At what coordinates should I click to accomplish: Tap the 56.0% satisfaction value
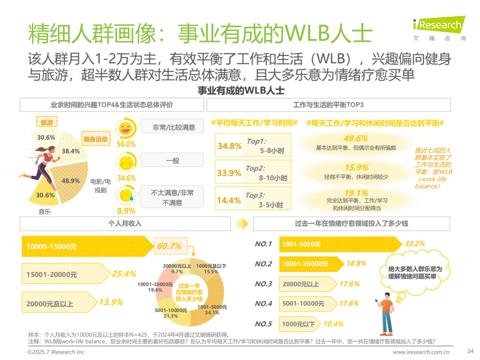coord(126,144)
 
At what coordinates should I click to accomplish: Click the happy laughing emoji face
coord(125,128)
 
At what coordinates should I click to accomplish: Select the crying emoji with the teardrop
coord(126,196)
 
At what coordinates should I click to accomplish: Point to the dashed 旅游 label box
coord(47,122)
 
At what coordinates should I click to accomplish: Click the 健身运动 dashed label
coord(96,139)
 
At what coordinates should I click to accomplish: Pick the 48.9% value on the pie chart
coord(70,180)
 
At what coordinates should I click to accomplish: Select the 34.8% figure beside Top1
coord(230,146)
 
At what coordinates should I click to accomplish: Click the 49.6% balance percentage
coord(356,138)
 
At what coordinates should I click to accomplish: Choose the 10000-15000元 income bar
coord(88,246)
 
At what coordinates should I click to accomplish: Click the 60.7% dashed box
coord(171,246)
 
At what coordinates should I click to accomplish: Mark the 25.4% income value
coord(124,274)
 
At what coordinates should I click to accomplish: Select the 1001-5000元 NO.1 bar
coord(340,244)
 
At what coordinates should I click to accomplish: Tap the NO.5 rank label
coord(263,324)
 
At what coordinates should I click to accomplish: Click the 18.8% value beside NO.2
coord(356,263)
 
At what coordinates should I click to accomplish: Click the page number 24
coord(470,351)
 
